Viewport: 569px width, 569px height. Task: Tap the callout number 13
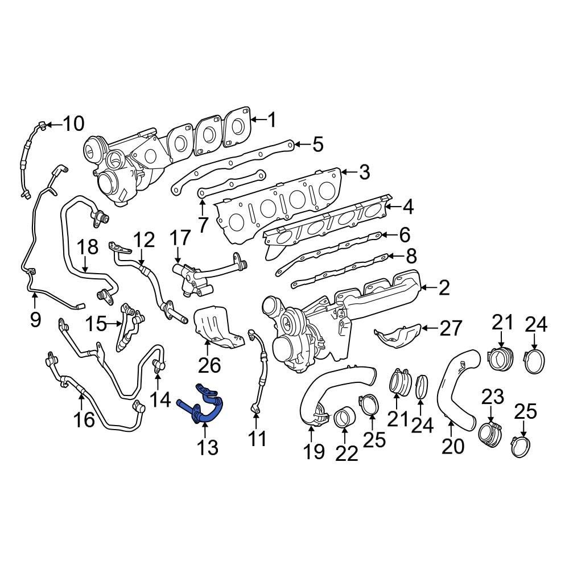coord(208,448)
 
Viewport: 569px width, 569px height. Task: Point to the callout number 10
coord(72,123)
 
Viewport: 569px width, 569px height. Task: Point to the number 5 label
coord(317,145)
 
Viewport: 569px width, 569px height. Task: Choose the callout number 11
coord(257,438)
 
